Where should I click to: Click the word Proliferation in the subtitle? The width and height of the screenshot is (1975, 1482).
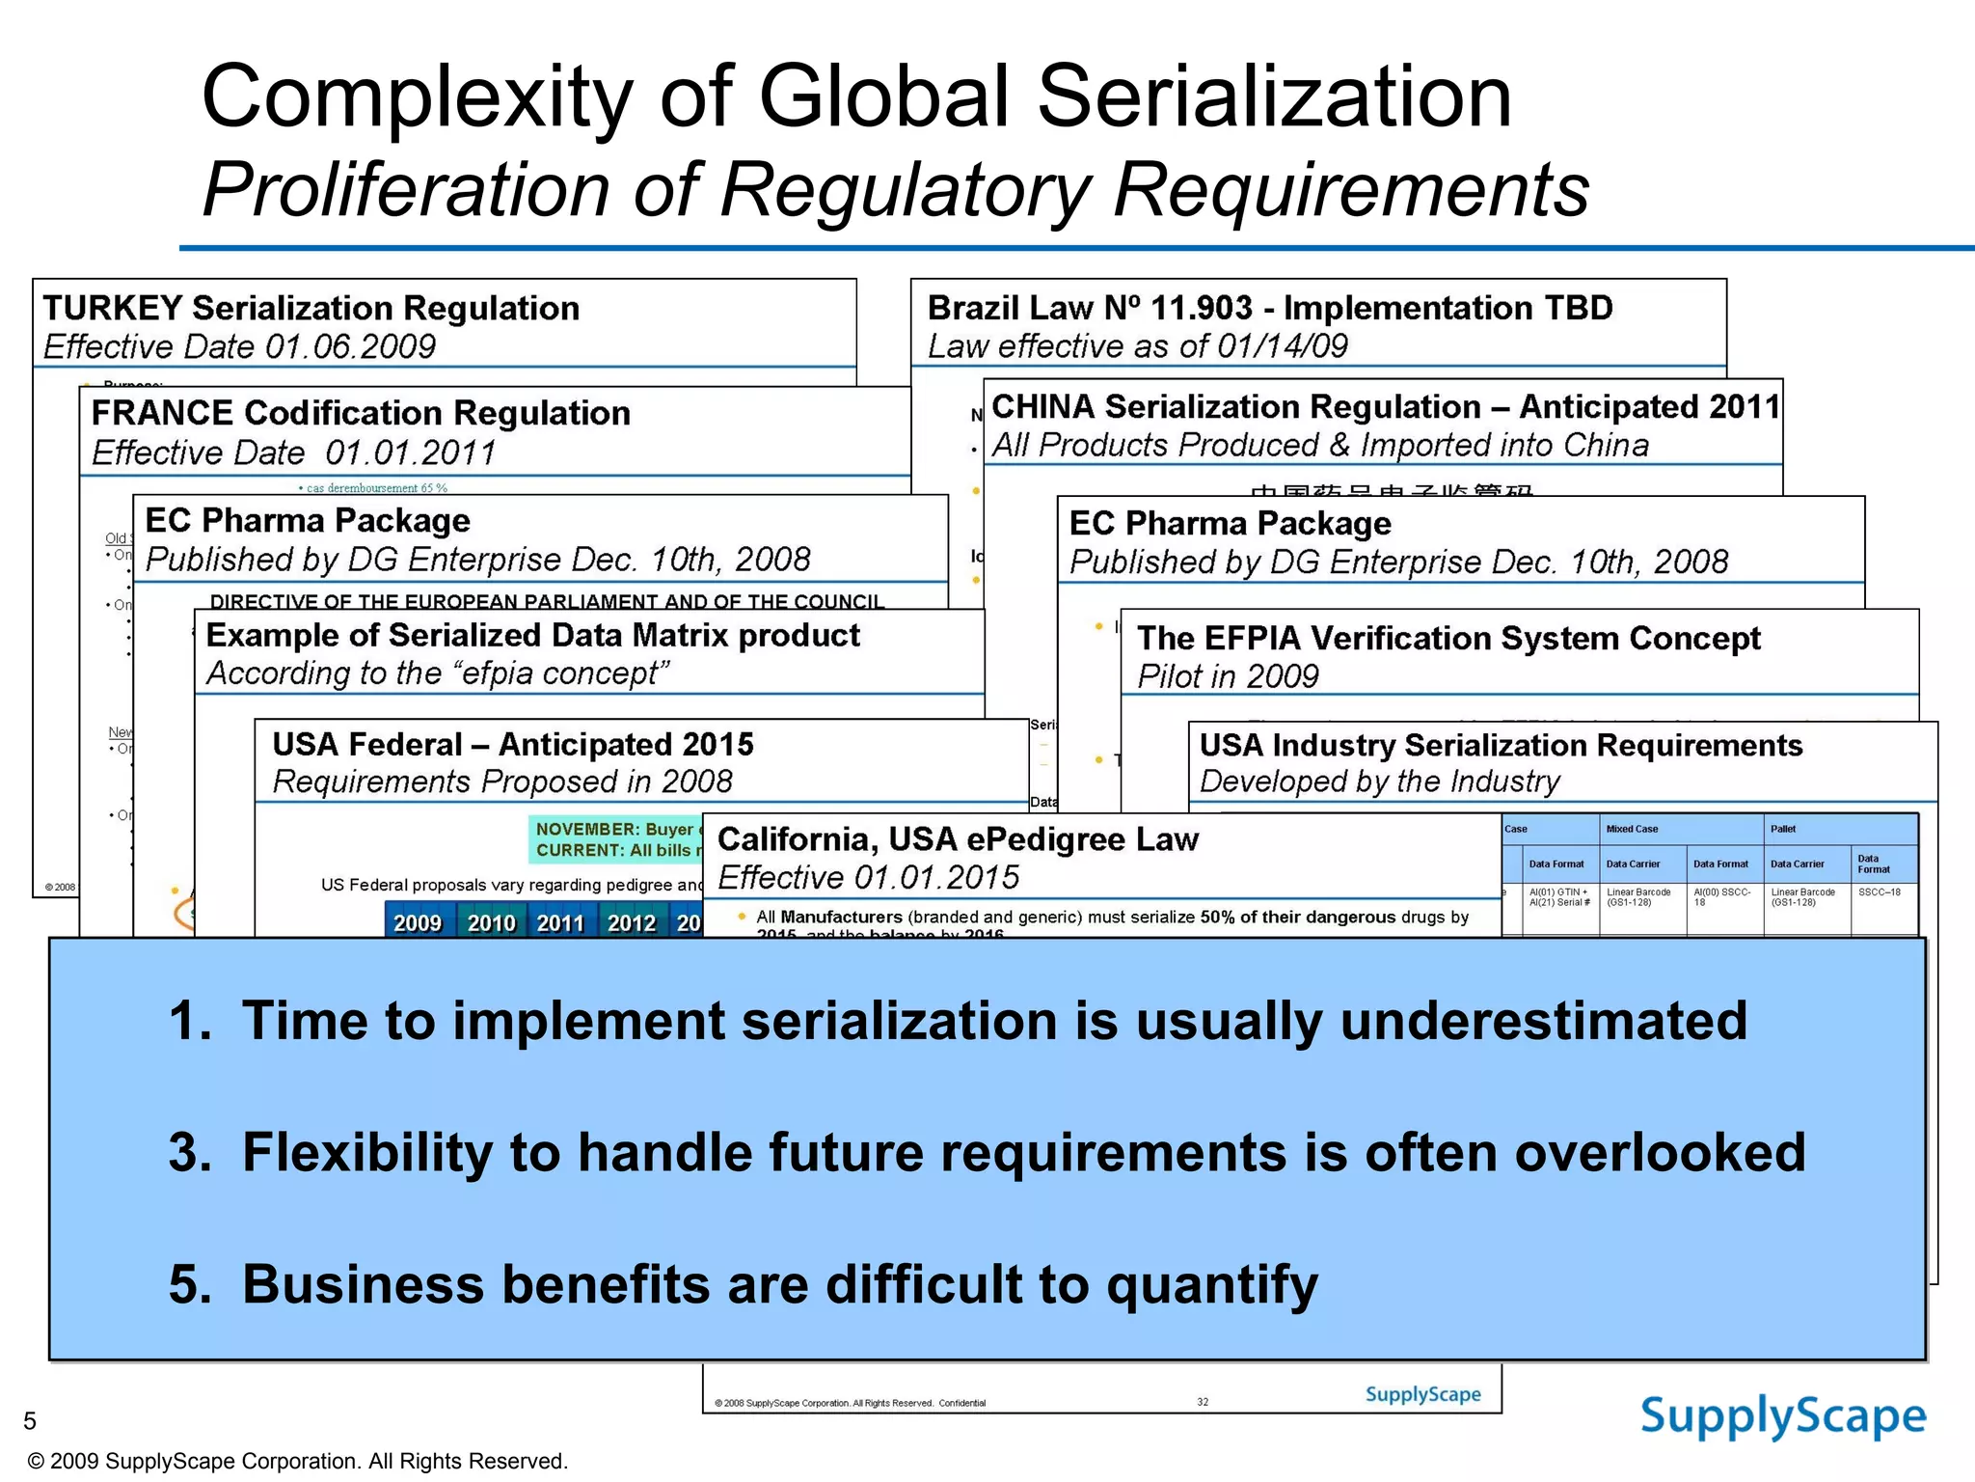[x=406, y=189]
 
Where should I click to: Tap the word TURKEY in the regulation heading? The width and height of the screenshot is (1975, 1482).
[x=113, y=309]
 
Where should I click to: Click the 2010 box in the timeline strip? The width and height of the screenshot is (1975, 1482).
[x=491, y=923]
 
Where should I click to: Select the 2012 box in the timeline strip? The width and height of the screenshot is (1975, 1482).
[x=631, y=923]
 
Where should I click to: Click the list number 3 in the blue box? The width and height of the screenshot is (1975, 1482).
[x=189, y=1153]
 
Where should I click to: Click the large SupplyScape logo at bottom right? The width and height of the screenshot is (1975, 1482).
[x=1783, y=1417]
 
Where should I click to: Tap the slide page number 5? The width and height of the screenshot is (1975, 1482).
[x=30, y=1420]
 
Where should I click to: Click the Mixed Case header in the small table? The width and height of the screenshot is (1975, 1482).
[x=1632, y=829]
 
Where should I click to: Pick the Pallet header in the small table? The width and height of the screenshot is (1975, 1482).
[x=1783, y=829]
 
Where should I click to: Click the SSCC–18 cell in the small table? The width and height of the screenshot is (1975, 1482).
[x=1880, y=892]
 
